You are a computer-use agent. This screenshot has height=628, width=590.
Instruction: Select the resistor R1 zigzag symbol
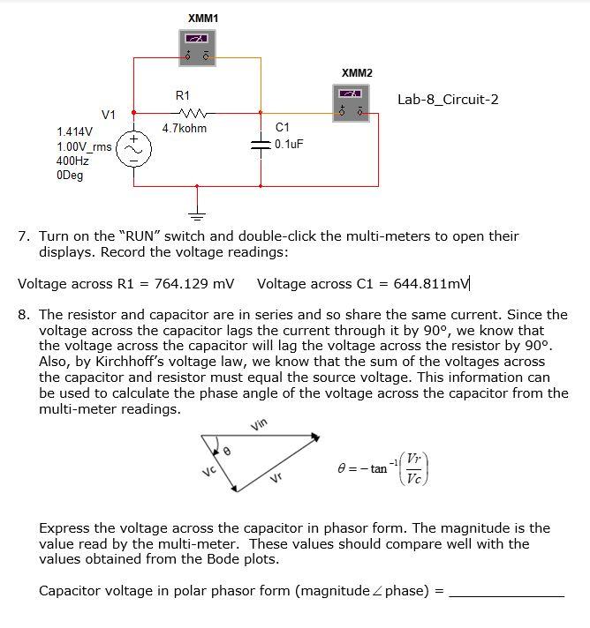pyautogui.click(x=190, y=112)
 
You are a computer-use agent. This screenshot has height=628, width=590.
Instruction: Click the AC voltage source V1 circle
pyautogui.click(x=134, y=151)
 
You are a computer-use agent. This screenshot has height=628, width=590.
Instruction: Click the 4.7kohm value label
pyautogui.click(x=185, y=129)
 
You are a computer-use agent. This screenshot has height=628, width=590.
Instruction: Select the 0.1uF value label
pyautogui.click(x=289, y=144)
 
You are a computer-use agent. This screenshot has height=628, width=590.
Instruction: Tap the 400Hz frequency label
pyautogui.click(x=72, y=161)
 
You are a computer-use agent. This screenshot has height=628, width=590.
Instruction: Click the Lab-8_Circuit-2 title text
pyautogui.click(x=447, y=99)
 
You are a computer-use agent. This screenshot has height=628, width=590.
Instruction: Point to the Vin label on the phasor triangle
pyautogui.click(x=260, y=426)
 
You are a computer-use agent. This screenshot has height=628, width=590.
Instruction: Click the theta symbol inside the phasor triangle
pyautogui.click(x=226, y=451)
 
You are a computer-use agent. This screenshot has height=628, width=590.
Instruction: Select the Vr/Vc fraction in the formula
pyautogui.click(x=413, y=468)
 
